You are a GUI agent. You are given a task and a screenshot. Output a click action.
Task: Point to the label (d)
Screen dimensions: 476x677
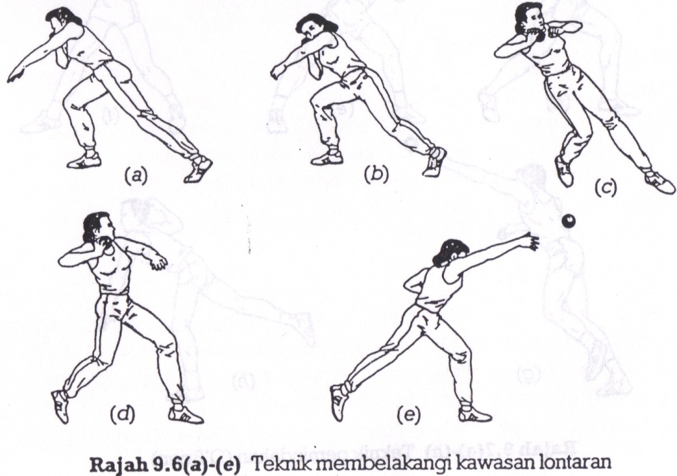click(122, 415)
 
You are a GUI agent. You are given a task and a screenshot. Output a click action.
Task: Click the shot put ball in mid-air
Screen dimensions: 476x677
click(569, 221)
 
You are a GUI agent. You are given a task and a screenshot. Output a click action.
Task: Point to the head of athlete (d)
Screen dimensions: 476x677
click(96, 228)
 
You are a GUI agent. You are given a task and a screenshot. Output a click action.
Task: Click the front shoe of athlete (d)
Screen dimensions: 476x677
click(60, 406)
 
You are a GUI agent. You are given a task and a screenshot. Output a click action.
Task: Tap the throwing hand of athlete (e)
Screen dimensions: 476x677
click(532, 241)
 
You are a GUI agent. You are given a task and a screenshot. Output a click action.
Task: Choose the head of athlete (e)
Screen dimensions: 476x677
click(447, 253)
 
